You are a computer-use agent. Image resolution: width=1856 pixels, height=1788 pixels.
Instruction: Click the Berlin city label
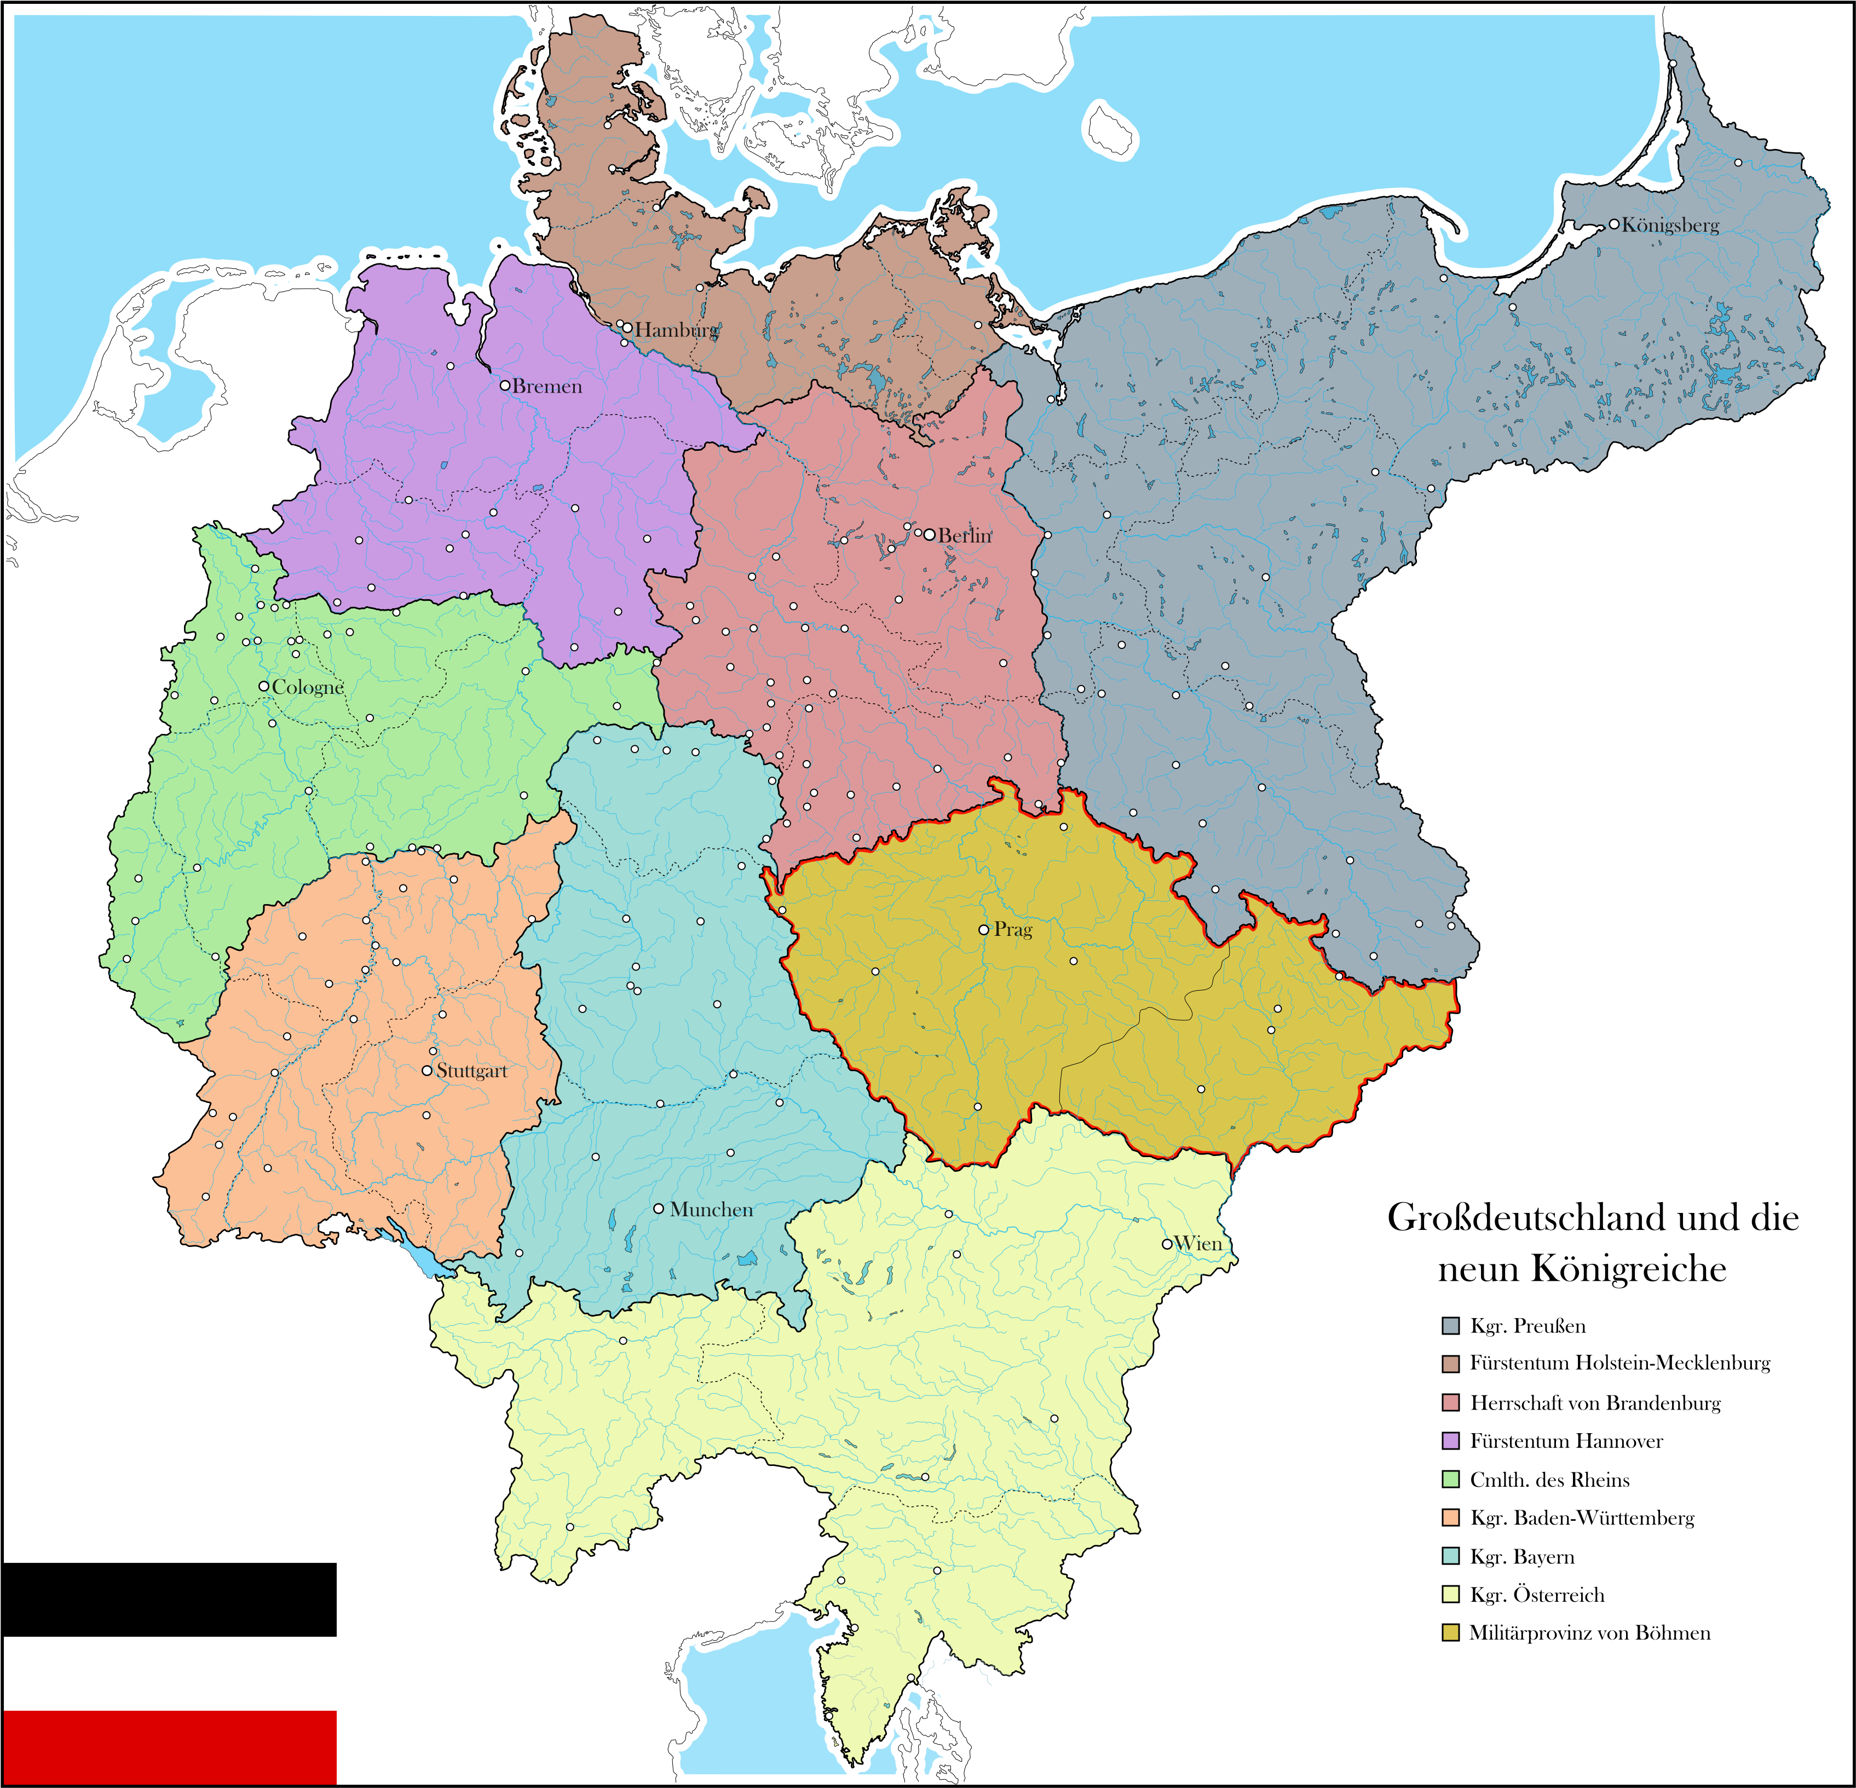click(x=965, y=535)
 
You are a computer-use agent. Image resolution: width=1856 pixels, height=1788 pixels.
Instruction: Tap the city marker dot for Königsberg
click(x=1613, y=225)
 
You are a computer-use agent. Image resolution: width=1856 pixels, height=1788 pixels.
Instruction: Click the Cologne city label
click(x=308, y=687)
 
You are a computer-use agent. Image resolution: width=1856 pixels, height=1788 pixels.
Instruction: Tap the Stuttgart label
click(x=471, y=1071)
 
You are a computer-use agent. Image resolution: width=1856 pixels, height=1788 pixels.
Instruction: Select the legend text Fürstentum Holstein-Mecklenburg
click(x=1619, y=1363)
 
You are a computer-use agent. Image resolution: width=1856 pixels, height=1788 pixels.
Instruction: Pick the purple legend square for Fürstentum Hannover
click(x=1450, y=1440)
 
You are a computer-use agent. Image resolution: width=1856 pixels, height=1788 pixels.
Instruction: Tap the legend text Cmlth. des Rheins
click(x=1549, y=1479)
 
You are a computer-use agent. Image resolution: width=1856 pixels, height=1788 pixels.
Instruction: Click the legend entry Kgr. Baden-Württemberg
click(x=1581, y=1518)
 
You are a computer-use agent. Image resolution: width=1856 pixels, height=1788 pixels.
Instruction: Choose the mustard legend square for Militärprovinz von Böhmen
click(x=1450, y=1632)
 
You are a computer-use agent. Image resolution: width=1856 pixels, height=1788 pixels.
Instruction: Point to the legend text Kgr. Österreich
click(x=1537, y=1595)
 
